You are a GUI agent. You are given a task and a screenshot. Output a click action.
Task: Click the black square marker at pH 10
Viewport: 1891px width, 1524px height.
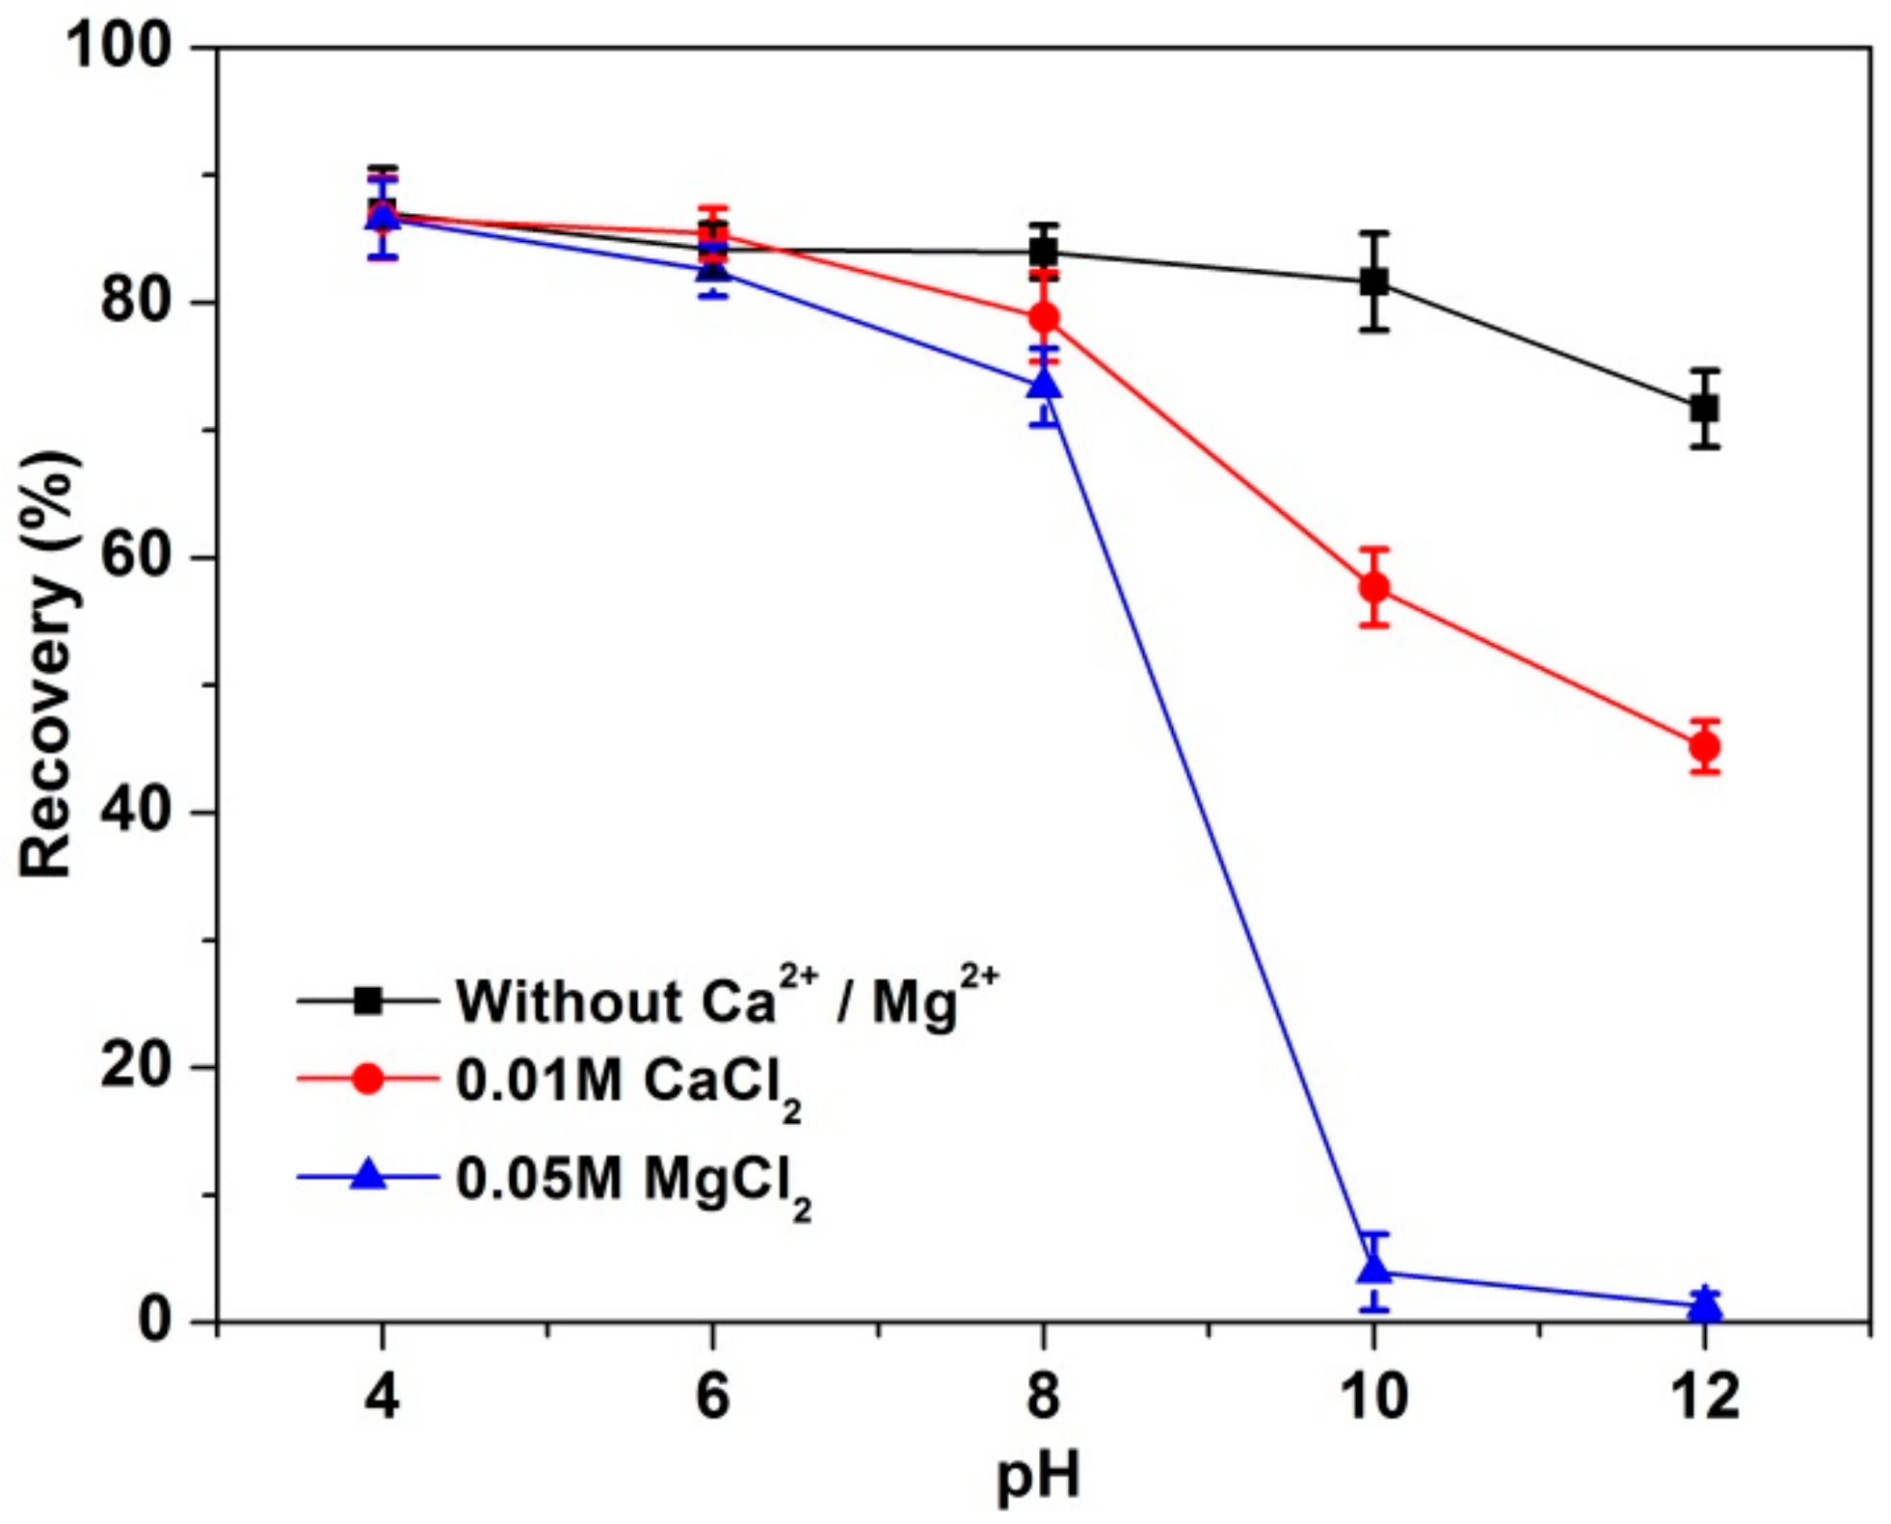coord(1373,281)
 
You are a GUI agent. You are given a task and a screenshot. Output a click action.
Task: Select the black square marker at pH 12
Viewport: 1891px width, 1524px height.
coord(1704,408)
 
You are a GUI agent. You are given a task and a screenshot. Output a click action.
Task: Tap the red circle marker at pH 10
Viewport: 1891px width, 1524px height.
coord(1373,587)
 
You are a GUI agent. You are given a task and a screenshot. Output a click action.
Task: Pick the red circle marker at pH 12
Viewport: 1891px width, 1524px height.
coord(1704,746)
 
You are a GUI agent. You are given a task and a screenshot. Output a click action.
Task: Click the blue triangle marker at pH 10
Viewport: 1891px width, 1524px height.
coord(1373,1269)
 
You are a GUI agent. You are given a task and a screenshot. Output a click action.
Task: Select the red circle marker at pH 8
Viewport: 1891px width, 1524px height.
coord(1044,317)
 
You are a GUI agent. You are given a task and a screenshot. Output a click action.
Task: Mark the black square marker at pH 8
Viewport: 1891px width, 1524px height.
coord(1044,253)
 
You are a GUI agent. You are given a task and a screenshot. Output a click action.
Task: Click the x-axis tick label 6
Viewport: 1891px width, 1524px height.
coord(712,1395)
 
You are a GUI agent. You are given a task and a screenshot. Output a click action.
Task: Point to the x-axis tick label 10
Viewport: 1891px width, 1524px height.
coord(1373,1395)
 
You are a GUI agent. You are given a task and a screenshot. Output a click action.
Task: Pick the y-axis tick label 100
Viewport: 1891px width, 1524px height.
coord(120,46)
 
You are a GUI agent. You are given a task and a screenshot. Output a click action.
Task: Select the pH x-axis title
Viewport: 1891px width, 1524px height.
coord(1039,1476)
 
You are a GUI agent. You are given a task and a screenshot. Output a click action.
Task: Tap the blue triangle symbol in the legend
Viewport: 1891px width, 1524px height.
coord(368,1176)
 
